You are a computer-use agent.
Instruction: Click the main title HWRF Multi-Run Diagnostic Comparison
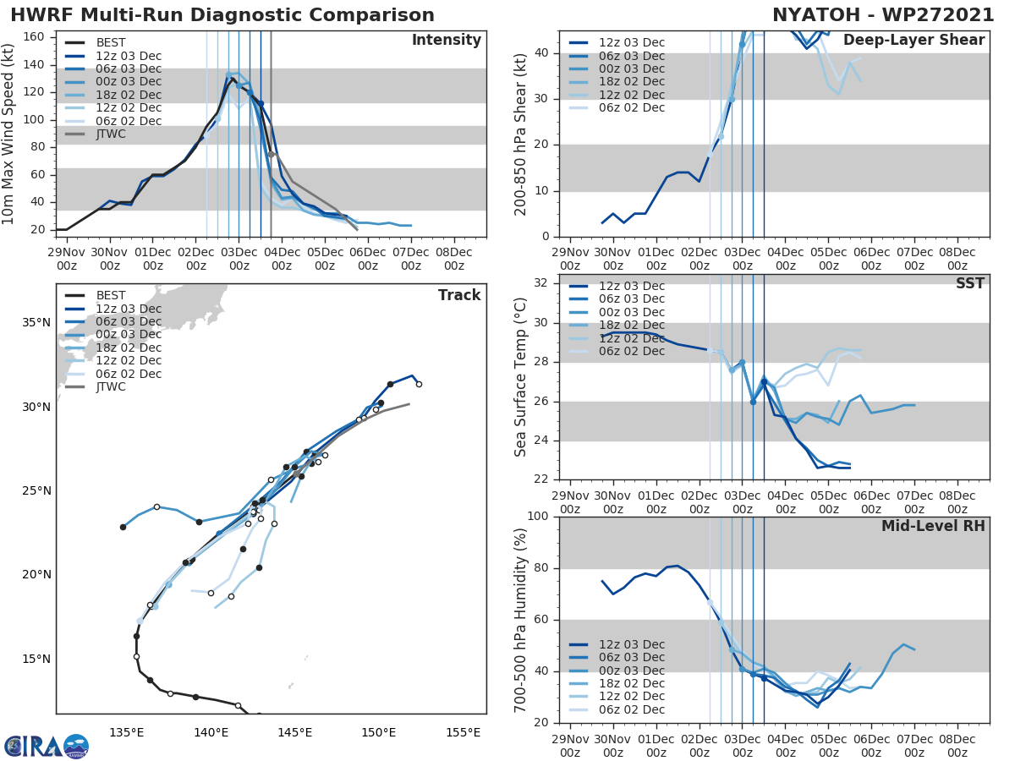[222, 15]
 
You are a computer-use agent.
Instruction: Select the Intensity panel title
[446, 41]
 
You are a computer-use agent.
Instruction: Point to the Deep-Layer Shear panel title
[913, 41]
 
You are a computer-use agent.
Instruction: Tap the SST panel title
[970, 283]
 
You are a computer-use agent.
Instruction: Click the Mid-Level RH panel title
[933, 526]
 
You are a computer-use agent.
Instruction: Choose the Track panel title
[459, 295]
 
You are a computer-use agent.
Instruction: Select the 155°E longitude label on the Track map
[463, 731]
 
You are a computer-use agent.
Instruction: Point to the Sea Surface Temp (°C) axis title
[522, 376]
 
